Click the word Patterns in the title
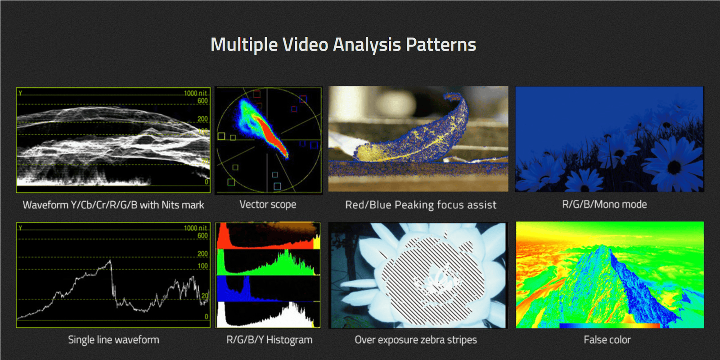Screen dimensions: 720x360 coord(441,45)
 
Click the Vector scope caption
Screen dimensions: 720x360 coord(268,204)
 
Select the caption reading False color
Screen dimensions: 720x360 coord(607,340)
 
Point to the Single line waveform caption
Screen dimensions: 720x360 coord(113,340)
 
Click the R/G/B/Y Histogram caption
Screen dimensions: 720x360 coord(270,340)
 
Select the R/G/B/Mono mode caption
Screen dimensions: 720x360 coord(604,204)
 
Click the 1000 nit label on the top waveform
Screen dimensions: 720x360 coord(195,93)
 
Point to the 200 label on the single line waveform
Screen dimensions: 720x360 coord(202,254)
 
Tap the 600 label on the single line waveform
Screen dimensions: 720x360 coord(202,236)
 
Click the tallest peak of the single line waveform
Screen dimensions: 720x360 coord(110,261)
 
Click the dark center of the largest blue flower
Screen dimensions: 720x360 coord(674,167)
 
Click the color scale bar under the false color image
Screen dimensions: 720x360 coord(609,326)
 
